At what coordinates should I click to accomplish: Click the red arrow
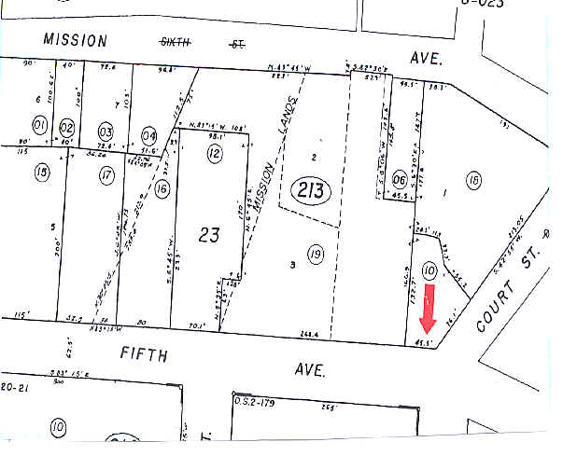click(x=428, y=311)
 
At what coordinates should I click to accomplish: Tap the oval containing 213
click(x=306, y=191)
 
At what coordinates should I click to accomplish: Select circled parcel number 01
click(x=39, y=125)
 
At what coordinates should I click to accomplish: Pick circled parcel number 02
click(x=67, y=127)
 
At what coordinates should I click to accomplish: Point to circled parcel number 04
click(x=149, y=133)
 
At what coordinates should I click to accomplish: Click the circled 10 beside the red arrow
click(x=429, y=270)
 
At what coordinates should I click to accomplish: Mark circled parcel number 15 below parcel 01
click(x=39, y=173)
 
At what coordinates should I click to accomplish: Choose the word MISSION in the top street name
click(x=76, y=40)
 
